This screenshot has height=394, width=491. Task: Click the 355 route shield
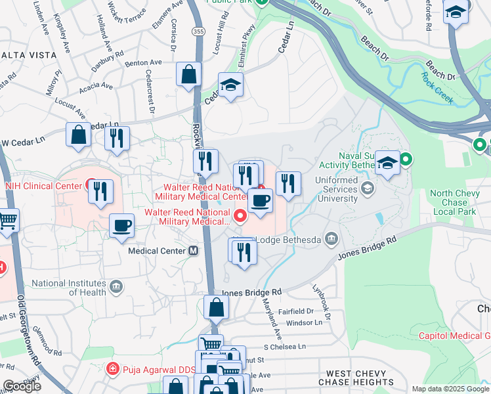197,32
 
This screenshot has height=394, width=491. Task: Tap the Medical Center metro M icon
194,250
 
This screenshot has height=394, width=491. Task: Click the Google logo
22,386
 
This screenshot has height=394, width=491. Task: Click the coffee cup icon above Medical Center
122,227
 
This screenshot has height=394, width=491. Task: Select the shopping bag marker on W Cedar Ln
79,135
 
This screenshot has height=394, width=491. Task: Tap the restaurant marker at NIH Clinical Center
100,191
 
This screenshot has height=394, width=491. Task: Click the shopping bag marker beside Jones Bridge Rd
216,307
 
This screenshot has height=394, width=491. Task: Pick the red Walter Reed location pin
240,214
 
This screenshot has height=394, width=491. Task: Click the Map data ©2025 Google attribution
450,389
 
